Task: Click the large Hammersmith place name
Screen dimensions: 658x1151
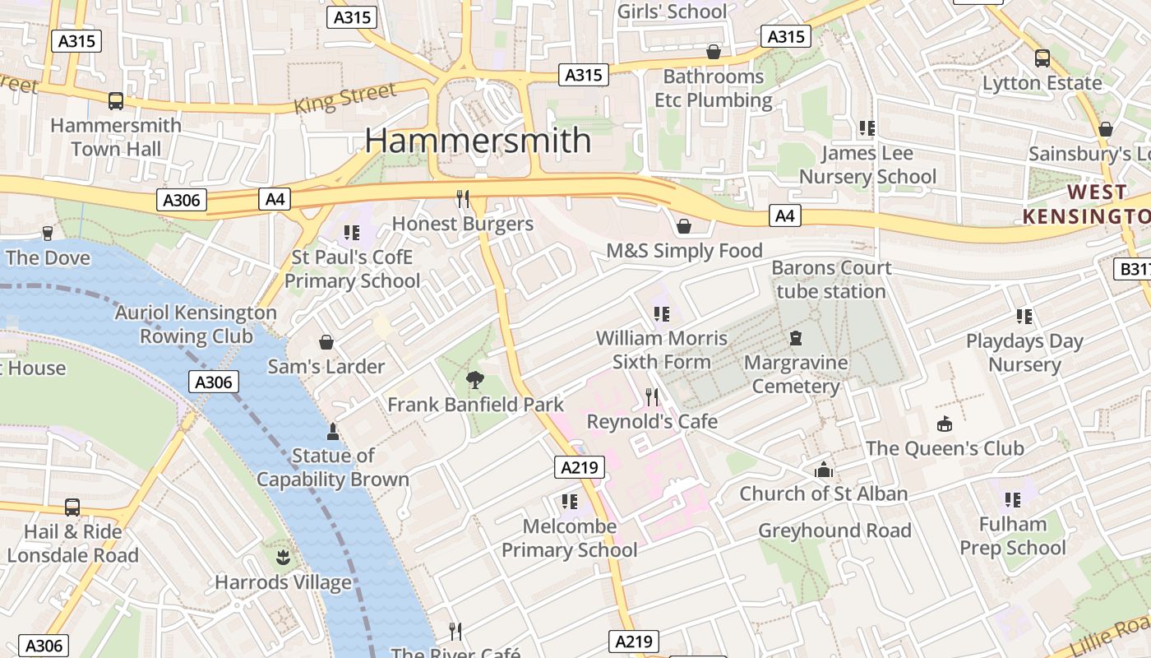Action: [478, 140]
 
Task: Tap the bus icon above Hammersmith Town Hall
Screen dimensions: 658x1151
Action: [116, 101]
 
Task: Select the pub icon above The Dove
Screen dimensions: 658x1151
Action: [47, 234]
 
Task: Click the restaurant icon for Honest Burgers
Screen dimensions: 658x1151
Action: [463, 199]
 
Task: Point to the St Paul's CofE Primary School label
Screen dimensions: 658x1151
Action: [352, 269]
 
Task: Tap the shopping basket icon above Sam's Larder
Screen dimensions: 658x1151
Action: [326, 342]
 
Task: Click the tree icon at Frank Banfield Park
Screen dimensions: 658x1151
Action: [474, 380]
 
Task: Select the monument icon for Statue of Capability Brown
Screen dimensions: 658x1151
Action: [333, 431]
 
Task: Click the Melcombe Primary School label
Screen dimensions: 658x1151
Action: [570, 538]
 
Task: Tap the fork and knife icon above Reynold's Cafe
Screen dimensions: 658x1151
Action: [652, 397]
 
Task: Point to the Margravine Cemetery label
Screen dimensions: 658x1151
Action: [796, 374]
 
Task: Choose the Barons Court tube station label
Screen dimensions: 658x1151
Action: [831, 279]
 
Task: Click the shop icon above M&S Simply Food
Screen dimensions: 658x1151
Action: [684, 226]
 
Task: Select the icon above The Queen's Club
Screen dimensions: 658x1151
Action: [945, 424]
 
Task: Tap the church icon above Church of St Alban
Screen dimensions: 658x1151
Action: [823, 470]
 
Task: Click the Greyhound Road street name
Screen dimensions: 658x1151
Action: [834, 531]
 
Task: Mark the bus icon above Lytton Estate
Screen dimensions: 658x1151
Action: [1042, 58]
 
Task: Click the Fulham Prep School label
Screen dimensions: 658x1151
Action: [1012, 535]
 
